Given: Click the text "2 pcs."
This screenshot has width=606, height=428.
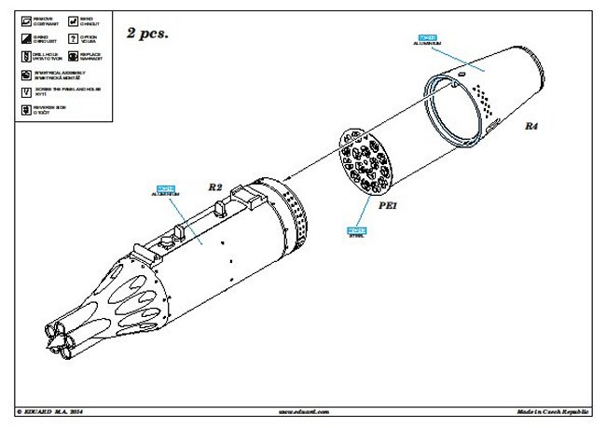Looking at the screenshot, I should (x=147, y=33).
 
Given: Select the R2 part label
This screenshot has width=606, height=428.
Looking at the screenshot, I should (x=214, y=187).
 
